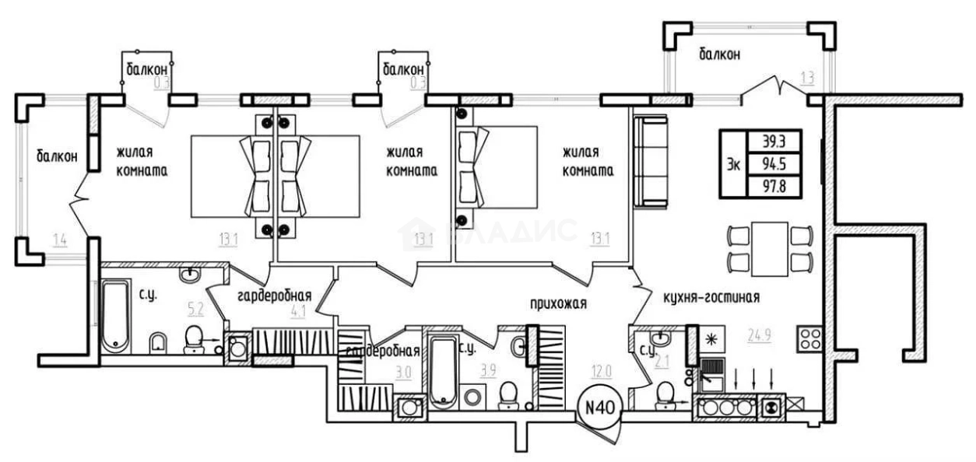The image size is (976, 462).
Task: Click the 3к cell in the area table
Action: pos(734,165)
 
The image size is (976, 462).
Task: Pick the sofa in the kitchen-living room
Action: pos(651,161)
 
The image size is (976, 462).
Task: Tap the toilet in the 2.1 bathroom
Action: pos(666,396)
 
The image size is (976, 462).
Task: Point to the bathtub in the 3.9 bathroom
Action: pos(444,373)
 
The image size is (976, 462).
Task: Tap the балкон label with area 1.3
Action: pos(719,54)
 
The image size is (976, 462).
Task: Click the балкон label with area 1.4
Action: pos(57,157)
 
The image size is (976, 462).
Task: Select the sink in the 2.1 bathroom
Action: pos(660,338)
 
